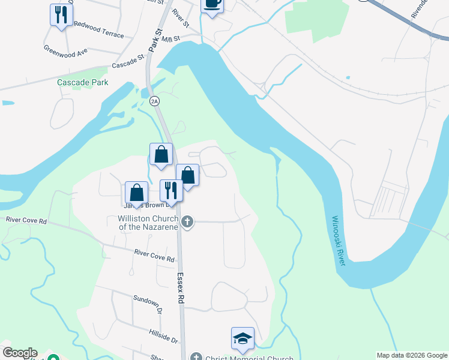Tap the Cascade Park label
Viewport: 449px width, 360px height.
click(83, 82)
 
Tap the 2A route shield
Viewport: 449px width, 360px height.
click(155, 101)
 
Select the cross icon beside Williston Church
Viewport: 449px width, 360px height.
click(187, 223)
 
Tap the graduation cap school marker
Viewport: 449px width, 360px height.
click(243, 338)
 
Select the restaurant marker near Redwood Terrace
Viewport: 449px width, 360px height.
click(61, 14)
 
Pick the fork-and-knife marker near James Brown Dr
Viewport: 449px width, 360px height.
click(171, 190)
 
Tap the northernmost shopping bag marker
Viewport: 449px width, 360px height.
click(161, 154)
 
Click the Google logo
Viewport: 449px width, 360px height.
click(20, 353)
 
